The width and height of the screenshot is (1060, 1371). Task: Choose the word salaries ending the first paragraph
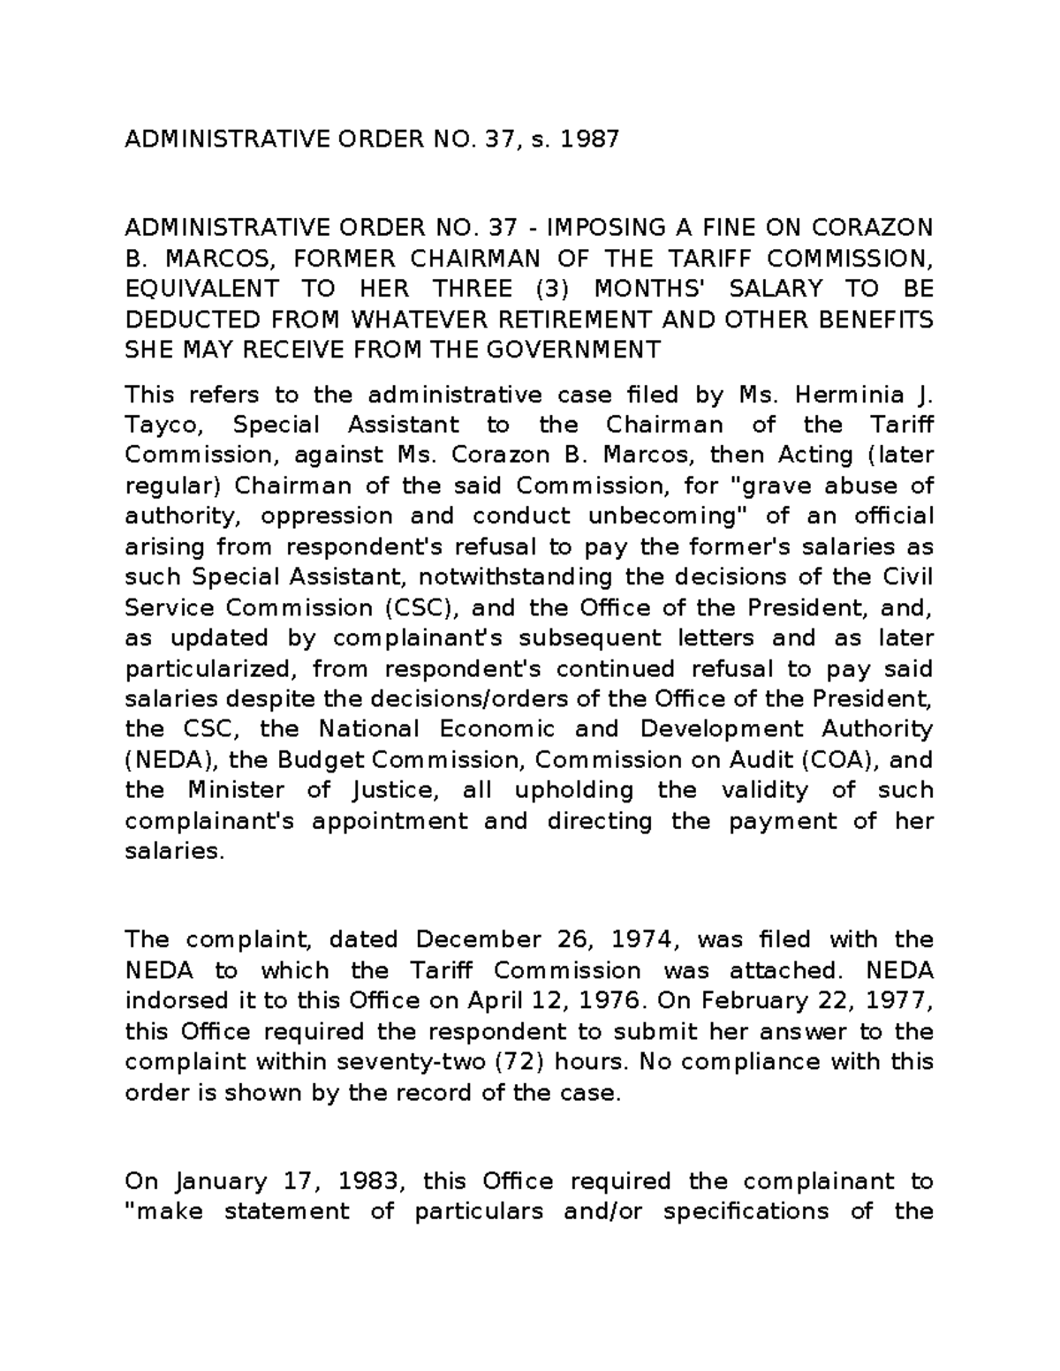(170, 851)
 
